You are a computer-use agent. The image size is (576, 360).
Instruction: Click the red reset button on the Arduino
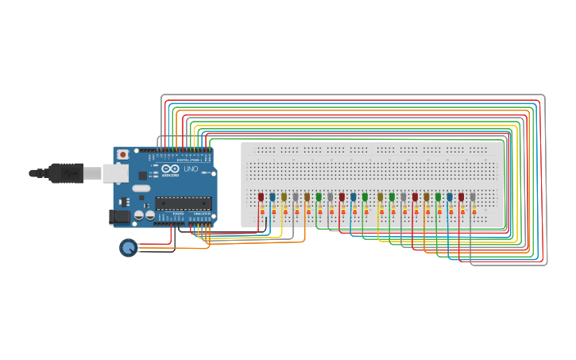(x=123, y=155)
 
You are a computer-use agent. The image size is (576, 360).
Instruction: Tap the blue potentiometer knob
(x=128, y=248)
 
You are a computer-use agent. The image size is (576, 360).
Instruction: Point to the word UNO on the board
(x=191, y=169)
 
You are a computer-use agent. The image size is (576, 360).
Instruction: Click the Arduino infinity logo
(x=170, y=168)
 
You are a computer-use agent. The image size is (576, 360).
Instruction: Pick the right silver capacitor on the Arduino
(x=149, y=215)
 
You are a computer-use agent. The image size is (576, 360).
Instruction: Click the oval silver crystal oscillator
(x=141, y=188)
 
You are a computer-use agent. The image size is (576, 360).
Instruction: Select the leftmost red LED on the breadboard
(x=261, y=196)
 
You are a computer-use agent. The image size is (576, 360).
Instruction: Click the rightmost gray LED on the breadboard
(x=473, y=196)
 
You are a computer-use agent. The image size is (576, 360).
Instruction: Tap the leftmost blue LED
(x=273, y=196)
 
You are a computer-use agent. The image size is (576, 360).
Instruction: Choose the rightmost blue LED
(x=449, y=196)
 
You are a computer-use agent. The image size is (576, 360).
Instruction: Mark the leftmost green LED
(x=319, y=196)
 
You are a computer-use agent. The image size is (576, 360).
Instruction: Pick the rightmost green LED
(x=438, y=196)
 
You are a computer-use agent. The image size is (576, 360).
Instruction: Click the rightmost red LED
(x=461, y=196)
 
